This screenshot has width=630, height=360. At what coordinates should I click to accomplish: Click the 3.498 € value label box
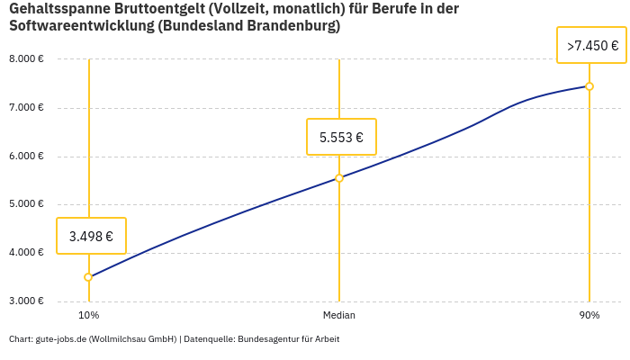(91, 236)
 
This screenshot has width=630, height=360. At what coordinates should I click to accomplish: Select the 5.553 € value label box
(341, 137)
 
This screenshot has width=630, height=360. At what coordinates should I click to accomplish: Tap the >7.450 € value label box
(591, 45)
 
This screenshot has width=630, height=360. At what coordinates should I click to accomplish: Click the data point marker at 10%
(88, 277)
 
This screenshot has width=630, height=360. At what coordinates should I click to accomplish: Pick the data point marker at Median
(339, 178)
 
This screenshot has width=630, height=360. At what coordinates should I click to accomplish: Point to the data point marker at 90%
(589, 86)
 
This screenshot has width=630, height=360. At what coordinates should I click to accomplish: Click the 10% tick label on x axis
(88, 315)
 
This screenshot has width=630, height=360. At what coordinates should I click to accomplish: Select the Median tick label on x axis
(339, 315)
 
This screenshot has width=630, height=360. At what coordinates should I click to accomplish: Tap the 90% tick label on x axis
(589, 315)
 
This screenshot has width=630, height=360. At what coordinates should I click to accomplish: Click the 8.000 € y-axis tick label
(26, 59)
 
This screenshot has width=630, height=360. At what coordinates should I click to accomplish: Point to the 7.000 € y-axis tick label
(26, 108)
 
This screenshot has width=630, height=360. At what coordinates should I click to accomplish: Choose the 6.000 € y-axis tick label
(26, 156)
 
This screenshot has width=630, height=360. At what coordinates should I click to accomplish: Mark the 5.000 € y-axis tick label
(26, 204)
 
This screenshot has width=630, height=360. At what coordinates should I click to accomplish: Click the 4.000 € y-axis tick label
(26, 253)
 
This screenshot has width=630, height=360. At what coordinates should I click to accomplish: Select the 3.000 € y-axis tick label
(26, 301)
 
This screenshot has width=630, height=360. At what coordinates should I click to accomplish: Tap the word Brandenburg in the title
(295, 26)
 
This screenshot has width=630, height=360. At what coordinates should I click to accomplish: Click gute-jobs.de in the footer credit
(60, 339)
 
